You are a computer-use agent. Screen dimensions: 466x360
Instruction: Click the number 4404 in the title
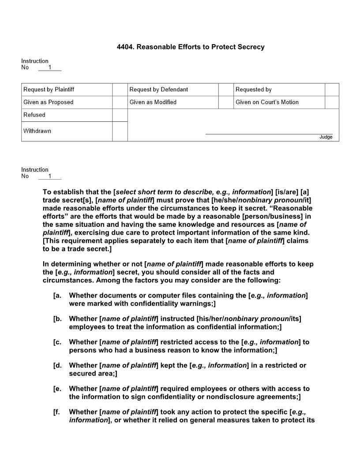pos(125,47)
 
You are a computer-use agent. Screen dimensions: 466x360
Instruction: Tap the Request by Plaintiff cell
pos(49,90)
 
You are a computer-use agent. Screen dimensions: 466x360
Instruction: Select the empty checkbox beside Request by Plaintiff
pos(120,90)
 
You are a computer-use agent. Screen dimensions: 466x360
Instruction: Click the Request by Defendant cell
pos(159,90)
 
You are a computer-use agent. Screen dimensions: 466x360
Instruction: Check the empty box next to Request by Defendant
pos(226,90)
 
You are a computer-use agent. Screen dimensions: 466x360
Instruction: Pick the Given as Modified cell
pos(153,102)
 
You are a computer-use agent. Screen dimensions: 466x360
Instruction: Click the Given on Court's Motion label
pos(267,102)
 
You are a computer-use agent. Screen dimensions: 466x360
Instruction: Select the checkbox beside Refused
pos(120,115)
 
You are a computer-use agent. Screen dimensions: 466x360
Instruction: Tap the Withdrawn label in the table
pos(37,131)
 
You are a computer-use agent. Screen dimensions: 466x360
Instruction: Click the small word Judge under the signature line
pos(326,137)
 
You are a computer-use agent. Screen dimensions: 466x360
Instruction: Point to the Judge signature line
pos(269,133)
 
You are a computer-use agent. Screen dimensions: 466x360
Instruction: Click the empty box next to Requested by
pos(332,90)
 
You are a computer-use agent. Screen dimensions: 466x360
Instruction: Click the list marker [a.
pos(57,295)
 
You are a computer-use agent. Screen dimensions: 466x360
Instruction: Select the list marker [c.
pos(57,342)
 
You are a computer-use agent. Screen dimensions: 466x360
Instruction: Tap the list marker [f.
pos(56,412)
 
